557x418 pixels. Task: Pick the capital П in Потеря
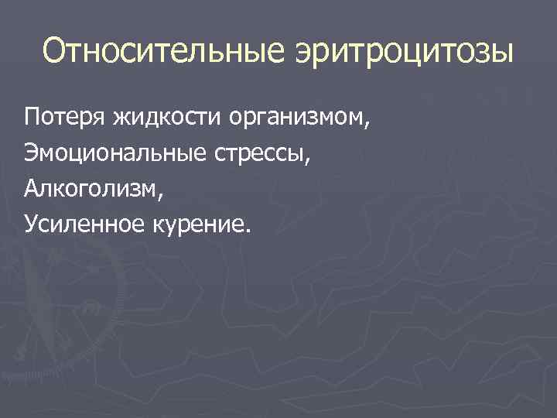[x=32, y=119]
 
